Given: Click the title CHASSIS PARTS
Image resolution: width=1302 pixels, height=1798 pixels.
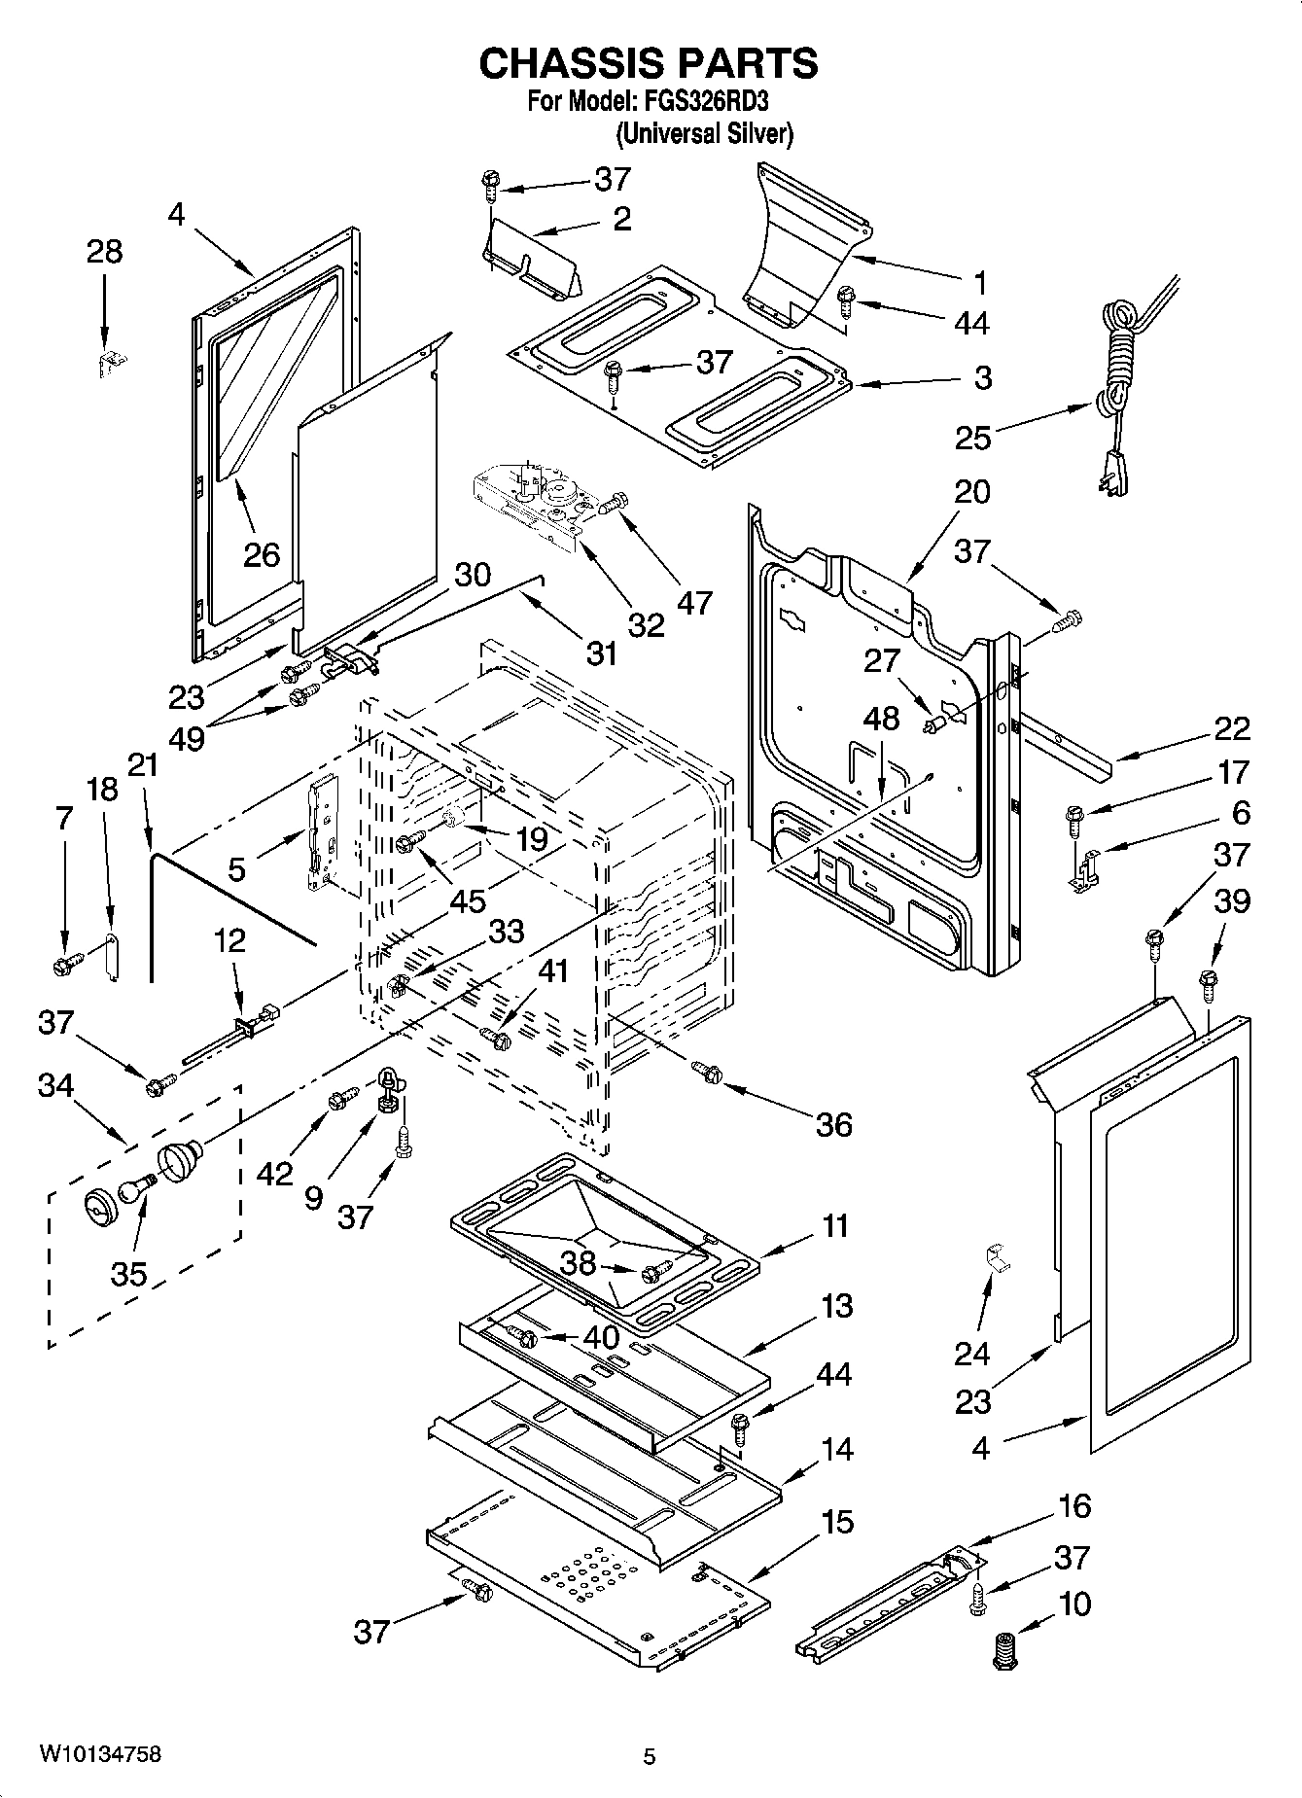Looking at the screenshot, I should [x=649, y=63].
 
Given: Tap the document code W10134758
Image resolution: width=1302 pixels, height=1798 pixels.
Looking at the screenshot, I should [x=100, y=1753].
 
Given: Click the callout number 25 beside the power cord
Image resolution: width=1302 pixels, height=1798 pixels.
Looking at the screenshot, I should [x=973, y=438].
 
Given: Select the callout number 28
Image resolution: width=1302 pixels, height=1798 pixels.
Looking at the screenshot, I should [x=105, y=251].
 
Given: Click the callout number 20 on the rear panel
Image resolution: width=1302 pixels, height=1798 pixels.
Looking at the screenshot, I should [x=971, y=492].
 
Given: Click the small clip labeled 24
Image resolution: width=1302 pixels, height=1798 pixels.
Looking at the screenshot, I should [x=993, y=1256].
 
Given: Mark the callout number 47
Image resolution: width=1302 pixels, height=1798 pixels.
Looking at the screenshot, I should [x=694, y=602].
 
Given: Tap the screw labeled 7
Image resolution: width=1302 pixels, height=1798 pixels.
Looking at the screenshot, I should [x=65, y=966].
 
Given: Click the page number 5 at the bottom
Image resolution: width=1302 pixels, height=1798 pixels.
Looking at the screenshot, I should [x=650, y=1756].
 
